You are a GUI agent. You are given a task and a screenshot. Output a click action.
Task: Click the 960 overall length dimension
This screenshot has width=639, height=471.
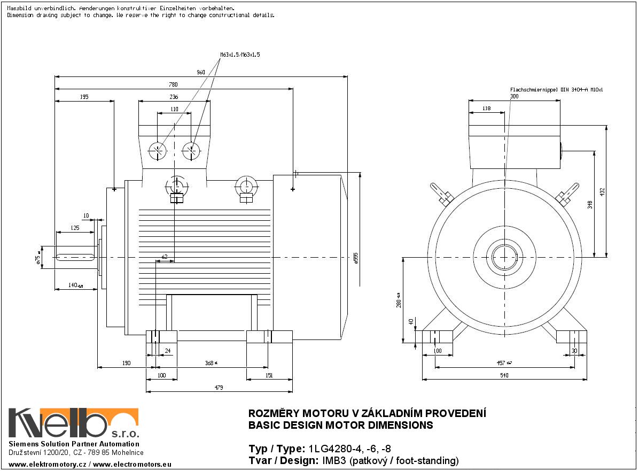[x=201, y=72]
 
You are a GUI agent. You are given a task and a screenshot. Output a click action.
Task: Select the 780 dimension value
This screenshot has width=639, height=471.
[x=174, y=84]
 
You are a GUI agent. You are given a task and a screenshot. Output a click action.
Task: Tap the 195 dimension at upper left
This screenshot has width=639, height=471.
[x=84, y=97]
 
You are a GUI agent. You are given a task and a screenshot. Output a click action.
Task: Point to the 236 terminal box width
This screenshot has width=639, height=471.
[x=174, y=97]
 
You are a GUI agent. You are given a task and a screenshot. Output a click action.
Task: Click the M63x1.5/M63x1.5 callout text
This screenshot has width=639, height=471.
[x=240, y=55]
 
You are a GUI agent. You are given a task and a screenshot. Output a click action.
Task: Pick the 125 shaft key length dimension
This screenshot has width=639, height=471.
[x=75, y=228]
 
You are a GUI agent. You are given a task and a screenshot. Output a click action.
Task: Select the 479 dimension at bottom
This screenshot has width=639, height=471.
[x=219, y=387]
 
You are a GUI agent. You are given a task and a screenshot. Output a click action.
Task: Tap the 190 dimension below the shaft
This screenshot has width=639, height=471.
[x=126, y=363]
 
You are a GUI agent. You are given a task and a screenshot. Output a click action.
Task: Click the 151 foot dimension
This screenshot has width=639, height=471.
[x=269, y=375]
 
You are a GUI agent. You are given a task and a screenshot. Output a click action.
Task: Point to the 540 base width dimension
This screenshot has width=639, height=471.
[x=504, y=375]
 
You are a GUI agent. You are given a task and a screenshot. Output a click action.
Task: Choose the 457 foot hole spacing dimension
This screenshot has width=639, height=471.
[x=502, y=363]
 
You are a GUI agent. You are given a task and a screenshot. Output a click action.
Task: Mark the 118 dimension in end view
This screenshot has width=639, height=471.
[x=486, y=109]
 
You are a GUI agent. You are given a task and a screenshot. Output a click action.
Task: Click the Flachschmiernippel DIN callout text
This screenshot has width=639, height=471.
[x=556, y=90]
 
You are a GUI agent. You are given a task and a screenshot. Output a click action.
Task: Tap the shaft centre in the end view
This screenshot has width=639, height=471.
[x=504, y=257]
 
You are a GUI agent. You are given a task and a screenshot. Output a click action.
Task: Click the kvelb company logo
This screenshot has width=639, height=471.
[x=73, y=423]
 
